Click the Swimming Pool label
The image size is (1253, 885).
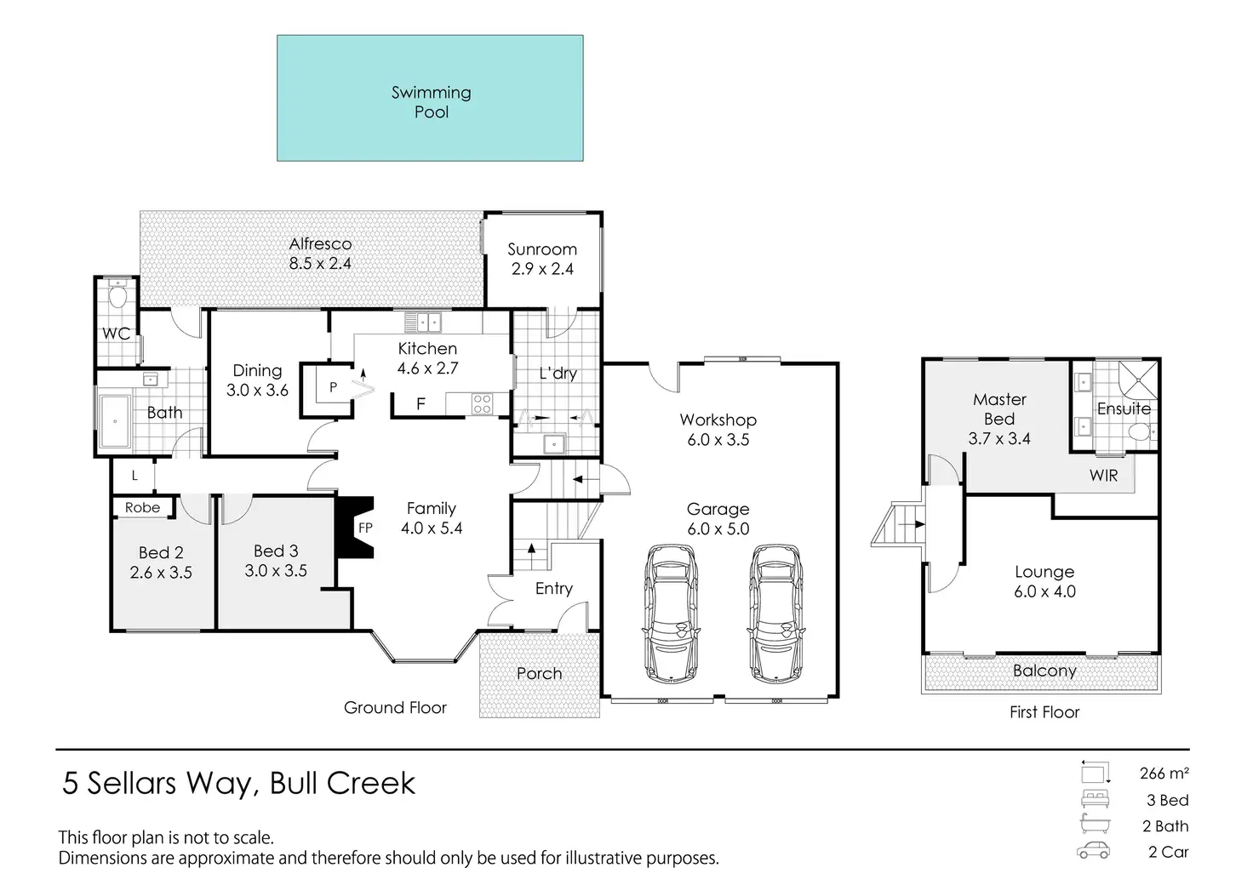click(x=432, y=102)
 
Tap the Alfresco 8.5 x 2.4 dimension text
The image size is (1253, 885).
click(x=320, y=263)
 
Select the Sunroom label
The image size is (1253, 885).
click(x=542, y=249)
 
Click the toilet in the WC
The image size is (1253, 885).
click(x=117, y=294)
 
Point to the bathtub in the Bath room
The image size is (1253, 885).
click(x=115, y=421)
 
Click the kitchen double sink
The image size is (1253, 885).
click(x=423, y=323)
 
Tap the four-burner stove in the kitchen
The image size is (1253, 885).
click(x=482, y=403)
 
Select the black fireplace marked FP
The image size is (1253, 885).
click(x=355, y=528)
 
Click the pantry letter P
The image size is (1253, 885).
click(x=334, y=387)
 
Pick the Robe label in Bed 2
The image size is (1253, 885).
click(x=143, y=508)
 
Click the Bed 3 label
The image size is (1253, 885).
click(x=276, y=551)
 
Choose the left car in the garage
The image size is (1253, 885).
click(x=671, y=614)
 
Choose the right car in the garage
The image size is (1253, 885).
click(x=775, y=614)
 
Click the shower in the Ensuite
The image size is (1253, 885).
click(x=1138, y=380)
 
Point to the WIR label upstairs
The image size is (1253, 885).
click(x=1104, y=476)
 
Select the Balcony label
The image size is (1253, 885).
click(x=1044, y=671)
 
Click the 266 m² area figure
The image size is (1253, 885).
click(x=1164, y=774)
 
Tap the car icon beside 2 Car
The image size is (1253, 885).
click(x=1093, y=852)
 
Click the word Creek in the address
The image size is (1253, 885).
click(x=370, y=783)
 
